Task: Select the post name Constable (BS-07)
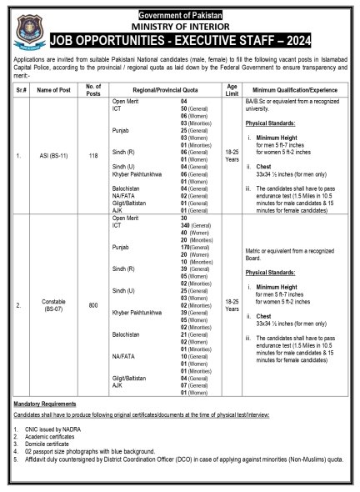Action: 54,304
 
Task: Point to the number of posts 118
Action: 93,155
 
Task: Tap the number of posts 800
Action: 93,304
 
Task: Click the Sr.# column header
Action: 18,89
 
